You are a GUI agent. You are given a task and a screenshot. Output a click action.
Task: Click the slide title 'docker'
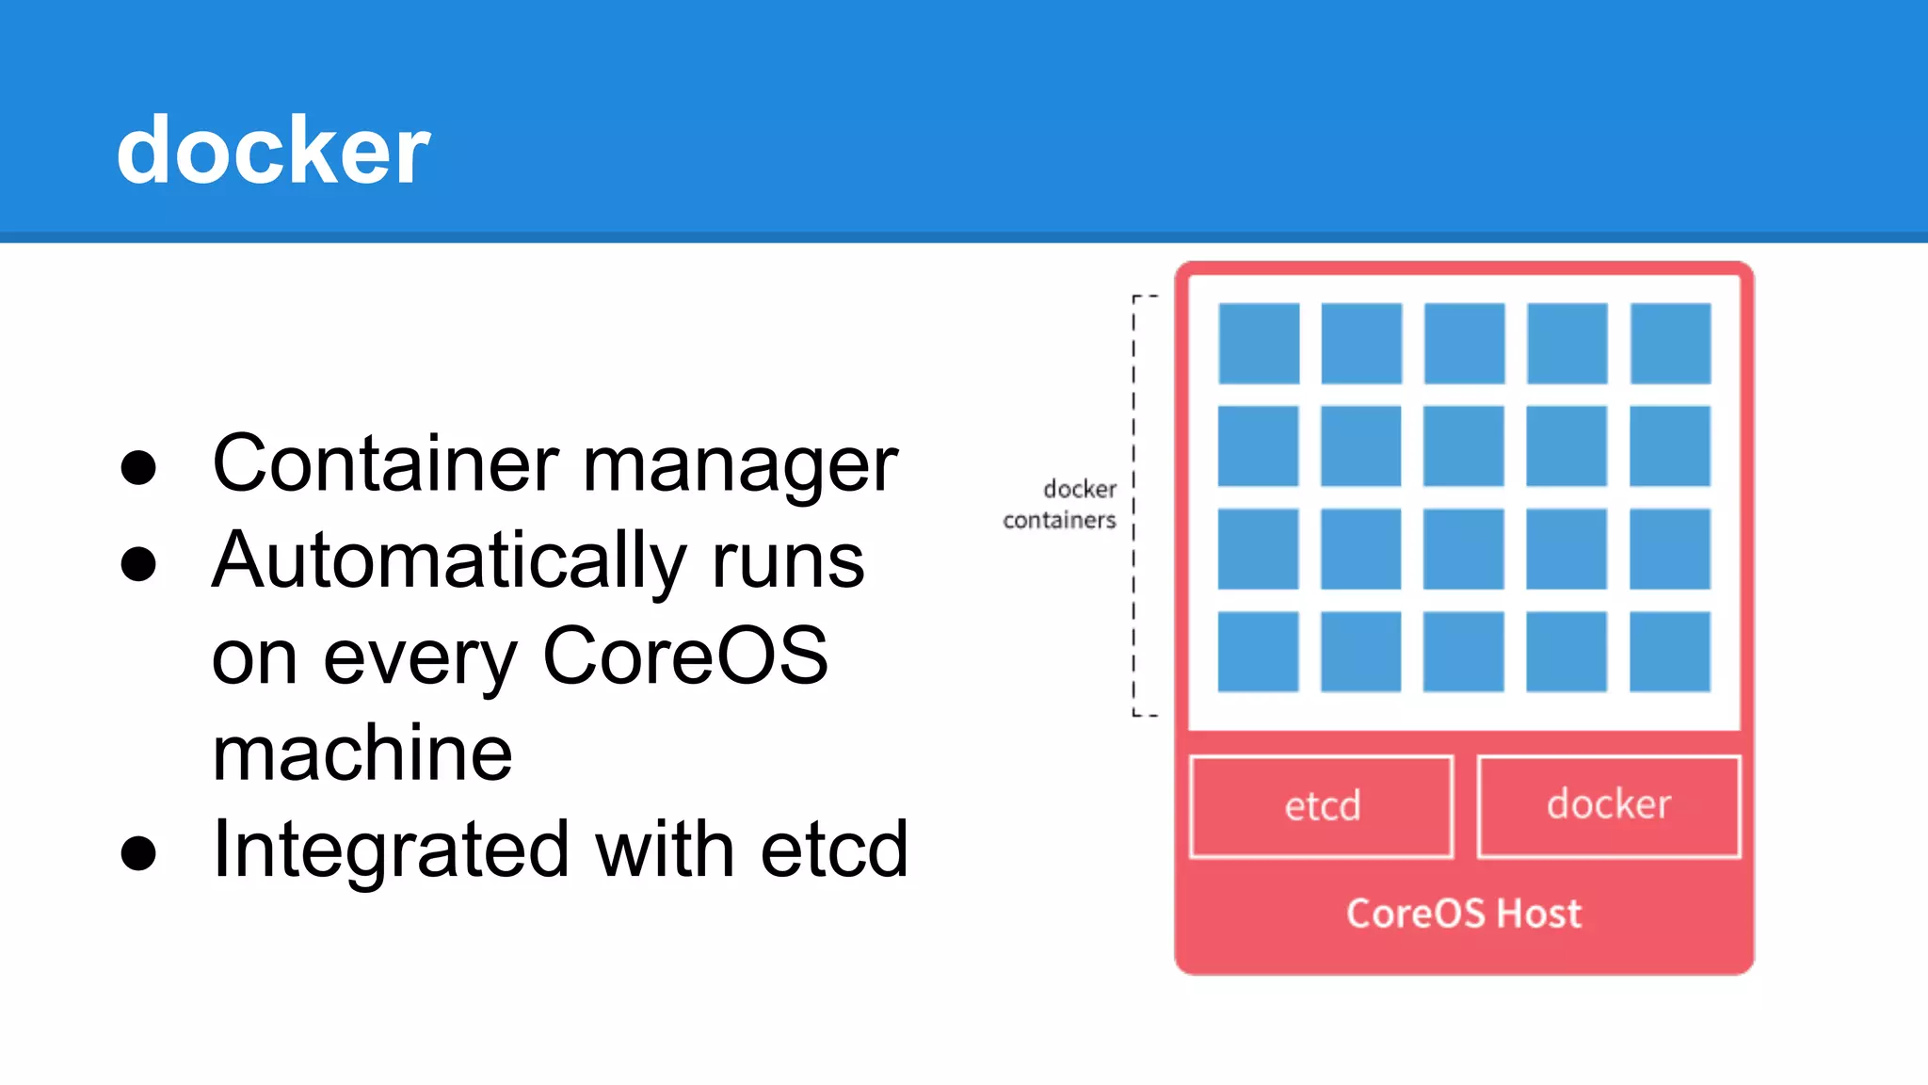(x=273, y=151)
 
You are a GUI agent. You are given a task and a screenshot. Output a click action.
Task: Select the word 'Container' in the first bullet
(x=386, y=463)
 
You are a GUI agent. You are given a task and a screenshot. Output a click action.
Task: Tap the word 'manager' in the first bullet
(x=740, y=466)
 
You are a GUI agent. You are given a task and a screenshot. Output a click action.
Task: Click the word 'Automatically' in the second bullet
(x=448, y=561)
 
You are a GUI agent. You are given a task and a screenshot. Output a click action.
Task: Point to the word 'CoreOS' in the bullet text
(x=685, y=656)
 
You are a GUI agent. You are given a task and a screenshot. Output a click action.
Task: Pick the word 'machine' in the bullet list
(x=362, y=753)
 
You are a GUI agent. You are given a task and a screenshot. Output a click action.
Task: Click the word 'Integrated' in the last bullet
(x=391, y=850)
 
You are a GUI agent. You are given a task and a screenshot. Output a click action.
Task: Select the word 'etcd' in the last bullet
(x=834, y=850)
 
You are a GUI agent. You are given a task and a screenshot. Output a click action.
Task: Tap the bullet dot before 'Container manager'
(x=138, y=467)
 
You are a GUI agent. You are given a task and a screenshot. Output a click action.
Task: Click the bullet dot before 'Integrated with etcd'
(x=138, y=852)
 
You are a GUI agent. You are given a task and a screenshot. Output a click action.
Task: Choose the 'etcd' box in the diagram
(x=1322, y=806)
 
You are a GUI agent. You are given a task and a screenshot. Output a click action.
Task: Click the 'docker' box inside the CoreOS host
(x=1609, y=805)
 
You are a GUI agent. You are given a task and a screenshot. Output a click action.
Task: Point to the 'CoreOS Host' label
(x=1464, y=914)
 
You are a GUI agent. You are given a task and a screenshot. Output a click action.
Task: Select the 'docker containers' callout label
(x=1061, y=505)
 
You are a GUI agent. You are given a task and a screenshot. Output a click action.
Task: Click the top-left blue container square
(x=1259, y=343)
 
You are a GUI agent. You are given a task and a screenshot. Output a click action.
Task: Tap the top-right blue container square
(x=1670, y=343)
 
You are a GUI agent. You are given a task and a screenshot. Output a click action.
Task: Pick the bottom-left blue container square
(x=1259, y=652)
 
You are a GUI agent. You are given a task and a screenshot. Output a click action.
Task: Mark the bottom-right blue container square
(x=1670, y=652)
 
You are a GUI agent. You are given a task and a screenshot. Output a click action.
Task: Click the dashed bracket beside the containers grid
(x=1135, y=506)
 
